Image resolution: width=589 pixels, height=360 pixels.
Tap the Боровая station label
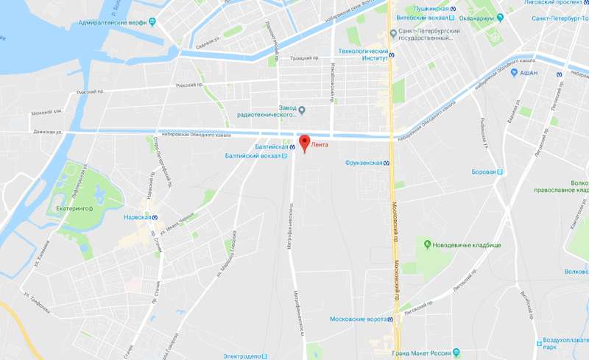click(484, 172)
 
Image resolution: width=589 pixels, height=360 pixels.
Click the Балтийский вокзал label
click(253, 156)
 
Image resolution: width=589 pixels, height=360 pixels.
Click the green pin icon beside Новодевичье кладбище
click(426, 243)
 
